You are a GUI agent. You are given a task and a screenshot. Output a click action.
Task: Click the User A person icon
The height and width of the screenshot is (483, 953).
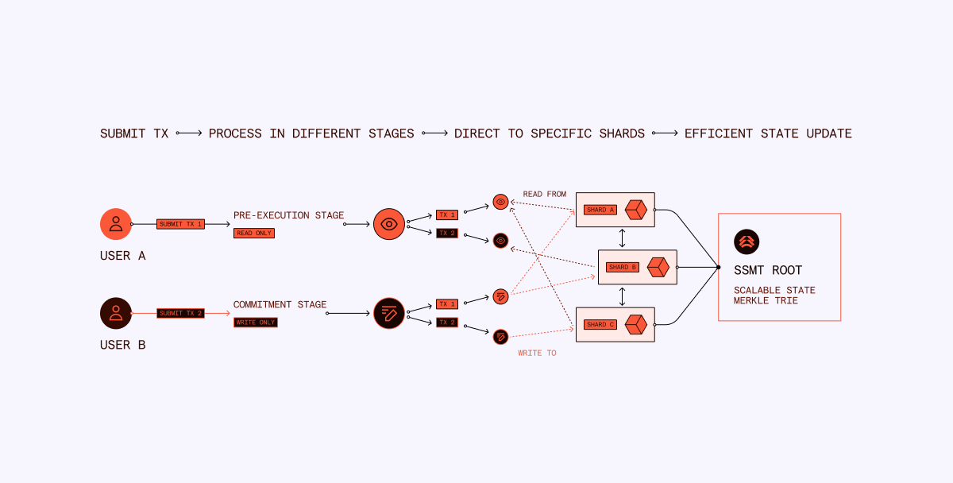(116, 224)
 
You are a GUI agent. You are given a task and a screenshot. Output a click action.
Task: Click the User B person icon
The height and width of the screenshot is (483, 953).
(116, 313)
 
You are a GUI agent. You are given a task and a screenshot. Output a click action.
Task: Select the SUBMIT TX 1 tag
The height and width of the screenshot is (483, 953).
(181, 224)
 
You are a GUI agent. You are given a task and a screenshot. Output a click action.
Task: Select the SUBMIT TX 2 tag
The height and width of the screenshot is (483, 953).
(181, 313)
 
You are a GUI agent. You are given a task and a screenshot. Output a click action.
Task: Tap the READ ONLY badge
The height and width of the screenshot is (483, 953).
(253, 233)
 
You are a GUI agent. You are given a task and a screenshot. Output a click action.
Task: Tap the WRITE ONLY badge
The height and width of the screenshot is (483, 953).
(255, 322)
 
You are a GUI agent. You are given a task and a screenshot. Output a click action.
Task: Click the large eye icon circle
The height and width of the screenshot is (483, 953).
(389, 224)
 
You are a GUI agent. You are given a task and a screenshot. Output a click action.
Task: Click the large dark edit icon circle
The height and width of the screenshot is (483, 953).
(389, 313)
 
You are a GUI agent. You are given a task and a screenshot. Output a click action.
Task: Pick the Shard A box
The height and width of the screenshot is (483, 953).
(615, 210)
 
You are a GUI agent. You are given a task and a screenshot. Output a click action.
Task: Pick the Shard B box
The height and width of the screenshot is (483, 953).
(637, 267)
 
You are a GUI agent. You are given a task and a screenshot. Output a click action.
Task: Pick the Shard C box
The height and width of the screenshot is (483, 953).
(615, 324)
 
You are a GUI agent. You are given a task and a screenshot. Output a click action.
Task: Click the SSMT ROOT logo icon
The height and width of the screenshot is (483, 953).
(747, 241)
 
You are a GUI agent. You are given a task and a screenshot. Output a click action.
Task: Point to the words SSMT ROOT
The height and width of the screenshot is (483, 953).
(768, 270)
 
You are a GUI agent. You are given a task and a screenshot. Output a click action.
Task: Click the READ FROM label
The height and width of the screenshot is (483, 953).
(544, 194)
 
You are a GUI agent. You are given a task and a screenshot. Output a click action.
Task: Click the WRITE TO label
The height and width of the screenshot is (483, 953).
(537, 353)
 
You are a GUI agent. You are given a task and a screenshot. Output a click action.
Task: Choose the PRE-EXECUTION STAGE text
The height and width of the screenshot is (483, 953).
(289, 215)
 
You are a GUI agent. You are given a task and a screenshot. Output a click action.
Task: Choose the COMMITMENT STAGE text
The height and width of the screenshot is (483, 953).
(280, 304)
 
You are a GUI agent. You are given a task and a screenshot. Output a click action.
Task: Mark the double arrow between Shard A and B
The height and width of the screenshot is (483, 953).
(622, 238)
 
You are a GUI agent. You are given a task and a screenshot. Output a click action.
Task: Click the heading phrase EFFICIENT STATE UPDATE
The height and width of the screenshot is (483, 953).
(768, 133)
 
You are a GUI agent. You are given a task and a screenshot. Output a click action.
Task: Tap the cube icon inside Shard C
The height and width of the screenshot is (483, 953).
(637, 324)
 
